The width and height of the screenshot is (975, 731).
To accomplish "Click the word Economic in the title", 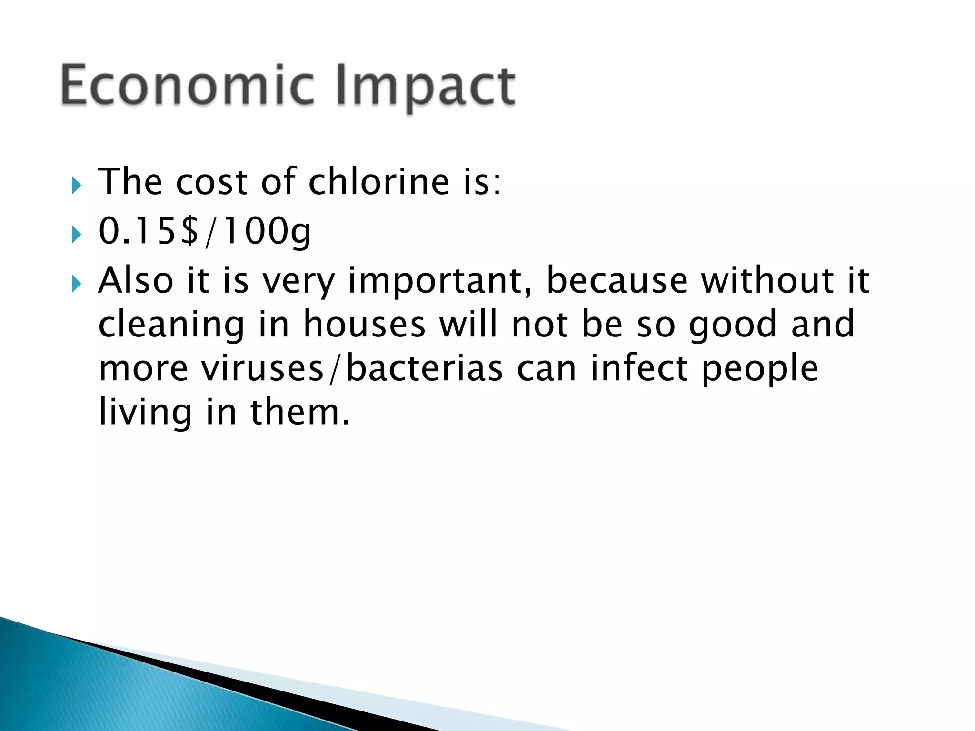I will click(x=188, y=86).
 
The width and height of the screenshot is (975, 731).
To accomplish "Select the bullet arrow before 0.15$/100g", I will click(x=76, y=234).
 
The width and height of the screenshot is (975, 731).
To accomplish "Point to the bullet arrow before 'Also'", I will click(x=76, y=284).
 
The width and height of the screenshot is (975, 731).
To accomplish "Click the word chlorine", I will click(x=379, y=182).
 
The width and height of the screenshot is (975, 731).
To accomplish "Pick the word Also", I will click(x=136, y=280).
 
